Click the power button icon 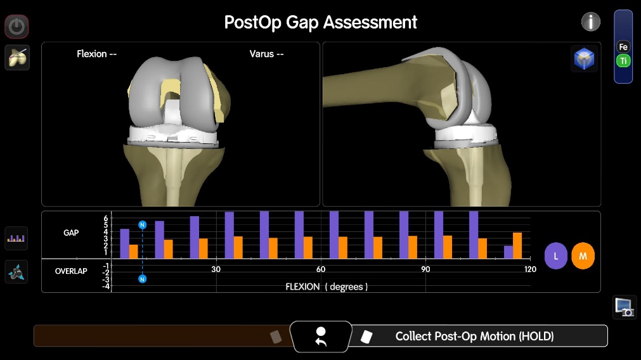tap(16, 27)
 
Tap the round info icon tap(591, 22)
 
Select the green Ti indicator tap(623, 61)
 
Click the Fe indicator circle tap(623, 47)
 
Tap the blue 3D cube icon tap(584, 59)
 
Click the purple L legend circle tap(555, 256)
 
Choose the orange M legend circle tap(583, 256)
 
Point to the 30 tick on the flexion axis tap(216, 269)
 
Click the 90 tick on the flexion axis tap(425, 269)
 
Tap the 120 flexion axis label tap(530, 269)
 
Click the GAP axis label tap(71, 233)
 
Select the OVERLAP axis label tap(71, 271)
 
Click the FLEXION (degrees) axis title tap(327, 286)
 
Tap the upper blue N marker tap(142, 225)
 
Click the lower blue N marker tap(142, 279)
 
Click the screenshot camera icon tap(625, 307)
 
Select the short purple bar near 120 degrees tap(508, 252)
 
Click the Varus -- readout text tap(266, 54)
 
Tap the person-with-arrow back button tap(321, 337)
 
